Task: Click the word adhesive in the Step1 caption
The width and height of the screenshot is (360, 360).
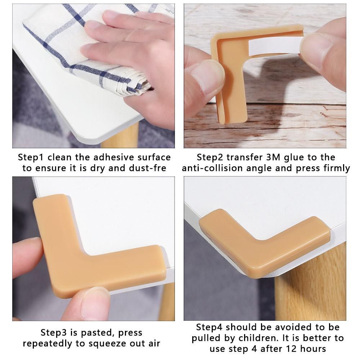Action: (x=112, y=157)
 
